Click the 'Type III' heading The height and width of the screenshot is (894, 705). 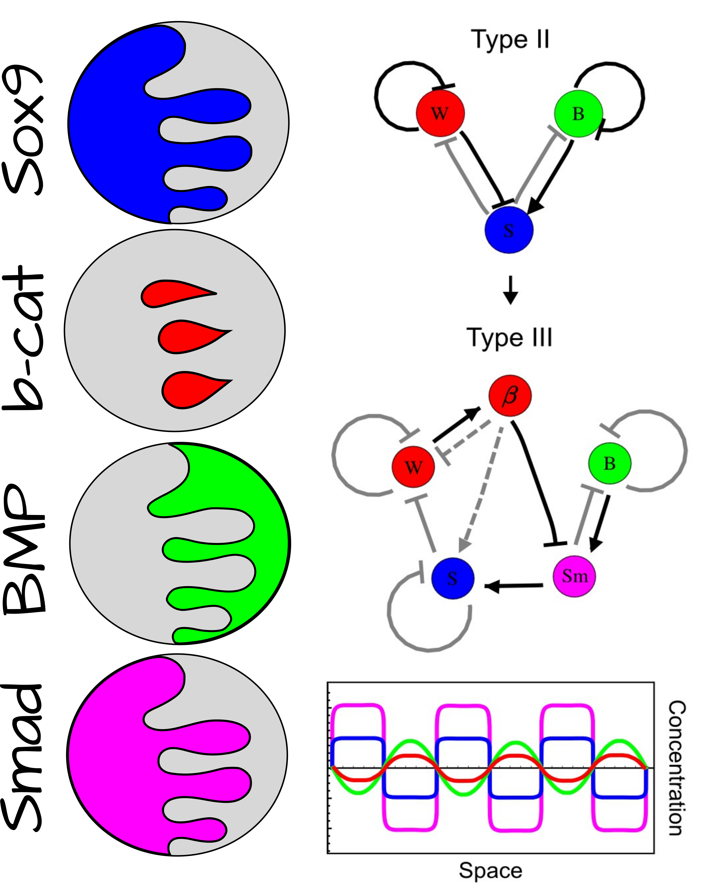509,338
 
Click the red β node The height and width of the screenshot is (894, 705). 510,396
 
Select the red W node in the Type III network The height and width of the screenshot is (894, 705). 413,467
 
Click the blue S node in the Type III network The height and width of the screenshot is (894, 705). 452,578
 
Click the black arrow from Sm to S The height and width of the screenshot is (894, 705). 514,585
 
